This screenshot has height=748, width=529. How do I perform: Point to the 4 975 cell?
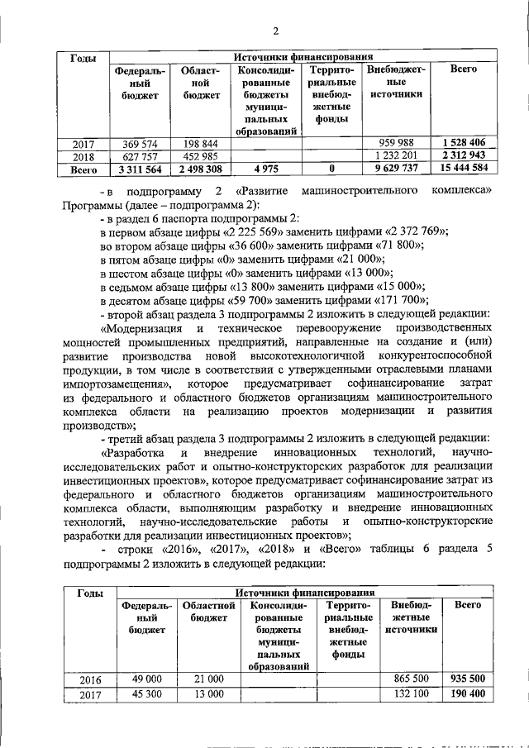266,169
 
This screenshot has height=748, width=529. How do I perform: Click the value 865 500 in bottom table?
411,679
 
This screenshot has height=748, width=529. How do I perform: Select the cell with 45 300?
145,694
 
